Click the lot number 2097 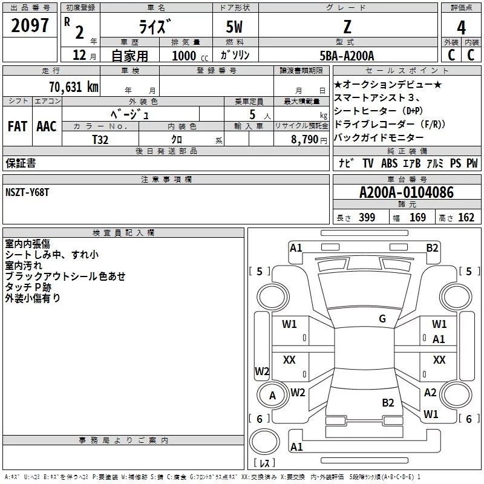click(x=30, y=26)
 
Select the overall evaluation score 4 click(x=462, y=28)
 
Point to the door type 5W click(x=234, y=28)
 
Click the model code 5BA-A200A click(x=347, y=56)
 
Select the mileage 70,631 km click(x=71, y=87)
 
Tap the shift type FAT click(x=17, y=126)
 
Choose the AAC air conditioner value click(x=47, y=126)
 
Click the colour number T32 click(x=100, y=139)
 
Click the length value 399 click(x=367, y=218)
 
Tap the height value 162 click(x=466, y=218)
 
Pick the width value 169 click(x=417, y=218)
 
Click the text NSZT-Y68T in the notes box click(x=27, y=191)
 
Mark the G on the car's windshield click(x=382, y=319)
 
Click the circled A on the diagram click(x=272, y=396)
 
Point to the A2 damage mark click(x=430, y=393)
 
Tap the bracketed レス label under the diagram click(x=264, y=463)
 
